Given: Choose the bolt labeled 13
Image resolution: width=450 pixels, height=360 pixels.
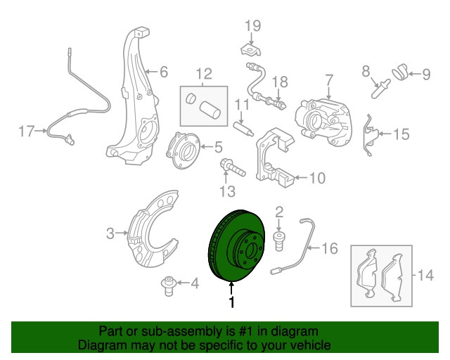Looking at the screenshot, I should point(231,168).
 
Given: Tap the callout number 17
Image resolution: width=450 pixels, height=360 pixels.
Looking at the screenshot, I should point(26,131).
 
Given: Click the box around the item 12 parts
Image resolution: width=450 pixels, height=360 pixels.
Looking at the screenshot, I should point(203,109).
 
